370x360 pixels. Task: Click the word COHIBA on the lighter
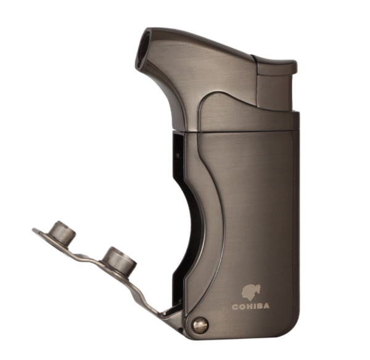[x=250, y=306]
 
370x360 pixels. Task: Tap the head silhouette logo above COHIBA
[x=250, y=293]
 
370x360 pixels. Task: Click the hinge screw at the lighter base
[x=200, y=325]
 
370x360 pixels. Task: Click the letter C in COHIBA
[x=235, y=307]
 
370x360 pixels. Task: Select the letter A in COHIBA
[x=266, y=306]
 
